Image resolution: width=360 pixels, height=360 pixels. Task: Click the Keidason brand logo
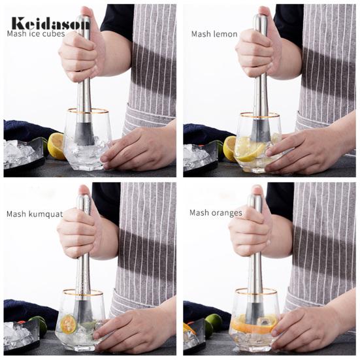coord(50,23)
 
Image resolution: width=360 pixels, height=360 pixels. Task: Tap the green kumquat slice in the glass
coord(68,324)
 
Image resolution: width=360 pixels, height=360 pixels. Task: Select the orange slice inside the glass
coord(254,323)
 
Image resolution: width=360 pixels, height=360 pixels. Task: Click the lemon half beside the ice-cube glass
coord(55,146)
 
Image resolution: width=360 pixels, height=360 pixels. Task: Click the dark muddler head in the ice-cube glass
coord(84,134)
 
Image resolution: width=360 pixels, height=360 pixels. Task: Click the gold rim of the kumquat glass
coord(83,293)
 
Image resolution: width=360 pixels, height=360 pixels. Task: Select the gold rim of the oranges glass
coord(256,291)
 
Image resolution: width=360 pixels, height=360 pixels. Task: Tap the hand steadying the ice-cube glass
coord(138,148)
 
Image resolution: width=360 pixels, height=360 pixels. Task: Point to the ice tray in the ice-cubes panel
coord(23,153)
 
